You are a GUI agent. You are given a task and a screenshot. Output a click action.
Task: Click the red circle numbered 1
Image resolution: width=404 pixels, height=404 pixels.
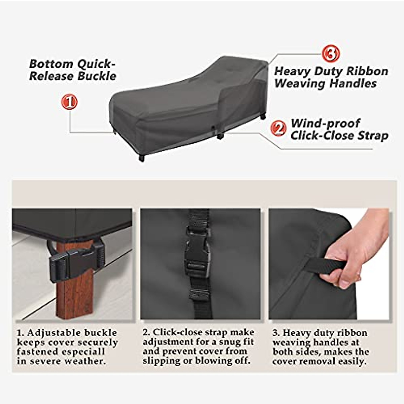[x=69, y=102]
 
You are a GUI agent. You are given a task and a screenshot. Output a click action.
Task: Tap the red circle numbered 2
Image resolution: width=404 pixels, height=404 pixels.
[x=278, y=129]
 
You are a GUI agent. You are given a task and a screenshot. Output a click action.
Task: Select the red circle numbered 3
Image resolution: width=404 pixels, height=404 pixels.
[x=331, y=54]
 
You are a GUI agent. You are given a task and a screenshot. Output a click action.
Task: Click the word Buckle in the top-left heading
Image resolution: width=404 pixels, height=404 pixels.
[x=97, y=76]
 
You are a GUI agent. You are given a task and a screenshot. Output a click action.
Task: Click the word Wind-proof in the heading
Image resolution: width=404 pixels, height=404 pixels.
[x=325, y=123]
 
